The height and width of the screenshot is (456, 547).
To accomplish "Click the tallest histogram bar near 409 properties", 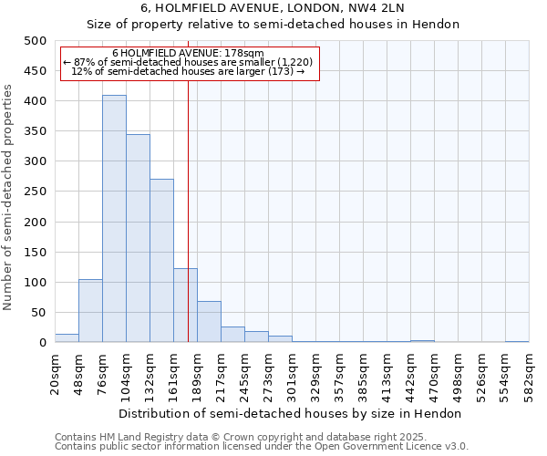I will pyautogui.click(x=114, y=219).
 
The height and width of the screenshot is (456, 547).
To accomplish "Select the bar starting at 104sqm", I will pyautogui.click(x=138, y=238).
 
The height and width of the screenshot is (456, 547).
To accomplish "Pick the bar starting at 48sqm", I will pyautogui.click(x=90, y=311).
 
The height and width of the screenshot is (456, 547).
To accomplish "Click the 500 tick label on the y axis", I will pyautogui.click(x=34, y=41).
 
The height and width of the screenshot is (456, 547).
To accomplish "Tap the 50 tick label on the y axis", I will pyautogui.click(x=37, y=313).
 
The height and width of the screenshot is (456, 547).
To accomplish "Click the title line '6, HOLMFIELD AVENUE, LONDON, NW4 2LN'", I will pyautogui.click(x=273, y=8).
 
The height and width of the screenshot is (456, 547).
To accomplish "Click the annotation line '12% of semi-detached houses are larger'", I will pyautogui.click(x=188, y=71).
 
